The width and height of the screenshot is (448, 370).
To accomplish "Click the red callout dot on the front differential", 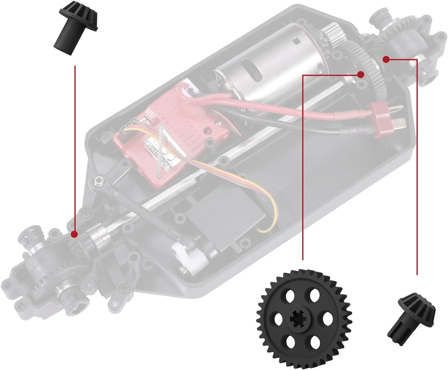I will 74,234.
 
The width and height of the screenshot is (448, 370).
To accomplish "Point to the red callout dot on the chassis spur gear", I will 361,75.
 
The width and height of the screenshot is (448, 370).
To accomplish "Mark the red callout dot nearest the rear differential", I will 386,59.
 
